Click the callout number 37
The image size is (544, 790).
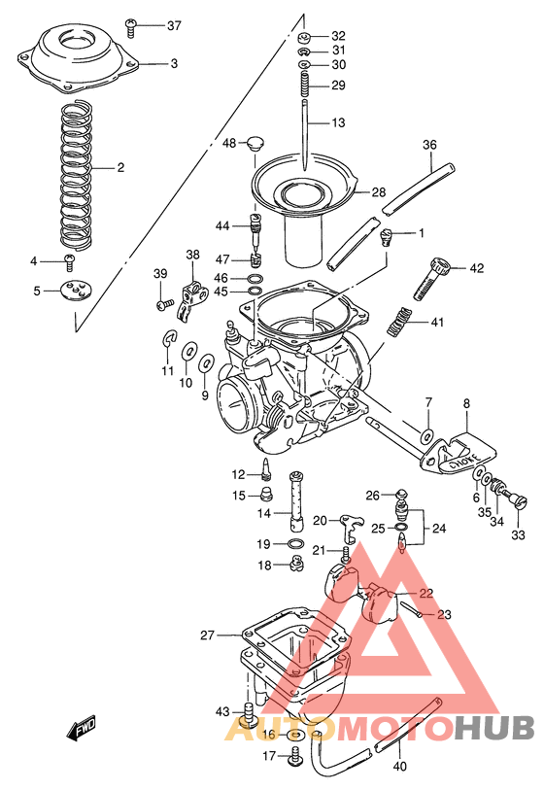click(x=173, y=25)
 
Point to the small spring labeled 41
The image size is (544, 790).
click(x=399, y=321)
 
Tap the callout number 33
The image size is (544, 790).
click(x=518, y=533)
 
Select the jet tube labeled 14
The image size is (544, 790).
click(x=297, y=497)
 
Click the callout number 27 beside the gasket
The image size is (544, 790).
click(x=207, y=636)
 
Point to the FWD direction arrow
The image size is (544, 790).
click(x=82, y=728)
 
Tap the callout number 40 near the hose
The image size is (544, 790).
click(x=400, y=764)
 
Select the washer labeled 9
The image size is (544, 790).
click(x=206, y=364)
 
